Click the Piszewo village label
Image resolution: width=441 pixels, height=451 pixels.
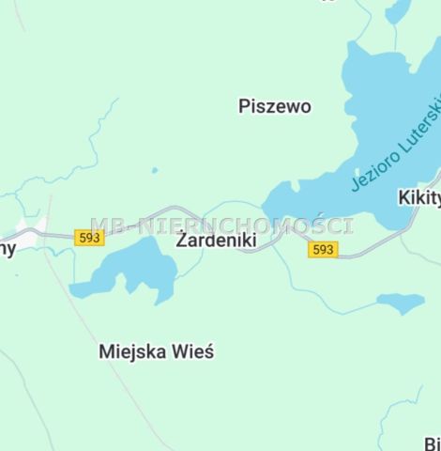[x=275, y=106]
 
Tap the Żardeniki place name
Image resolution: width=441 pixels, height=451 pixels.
[x=216, y=241]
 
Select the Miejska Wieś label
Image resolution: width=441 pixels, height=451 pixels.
[x=157, y=352]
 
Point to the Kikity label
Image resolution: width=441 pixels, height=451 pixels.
[x=418, y=197]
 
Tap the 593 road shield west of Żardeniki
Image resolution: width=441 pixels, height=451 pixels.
[x=90, y=238]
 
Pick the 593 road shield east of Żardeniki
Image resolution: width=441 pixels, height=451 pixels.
[x=323, y=249]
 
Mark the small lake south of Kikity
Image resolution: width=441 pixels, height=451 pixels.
[x=401, y=302]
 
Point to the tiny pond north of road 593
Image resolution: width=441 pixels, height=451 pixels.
[x=155, y=170]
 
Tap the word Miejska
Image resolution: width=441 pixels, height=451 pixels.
[x=133, y=352]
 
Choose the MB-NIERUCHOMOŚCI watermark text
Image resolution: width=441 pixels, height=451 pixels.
[x=221, y=225]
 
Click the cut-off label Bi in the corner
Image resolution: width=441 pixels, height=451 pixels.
[x=432, y=443]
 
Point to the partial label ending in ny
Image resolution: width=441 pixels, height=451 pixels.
[x=8, y=249]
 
